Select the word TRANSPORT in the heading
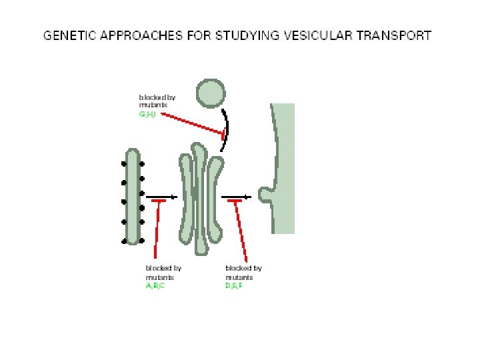pyautogui.click(x=397, y=35)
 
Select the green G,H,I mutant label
pyautogui.click(x=147, y=115)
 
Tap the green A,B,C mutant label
pyautogui.click(x=155, y=285)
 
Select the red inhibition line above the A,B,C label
pyautogui.click(x=157, y=230)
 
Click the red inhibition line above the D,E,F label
pyautogui.click(x=241, y=230)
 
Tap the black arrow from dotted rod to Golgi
pyautogui.click(x=163, y=197)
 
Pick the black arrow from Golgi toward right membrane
pyautogui.click(x=237, y=197)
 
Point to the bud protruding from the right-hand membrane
pyautogui.click(x=266, y=195)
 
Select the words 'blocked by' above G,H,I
pyautogui.click(x=157, y=97)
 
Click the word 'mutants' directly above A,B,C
pyautogui.click(x=159, y=277)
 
